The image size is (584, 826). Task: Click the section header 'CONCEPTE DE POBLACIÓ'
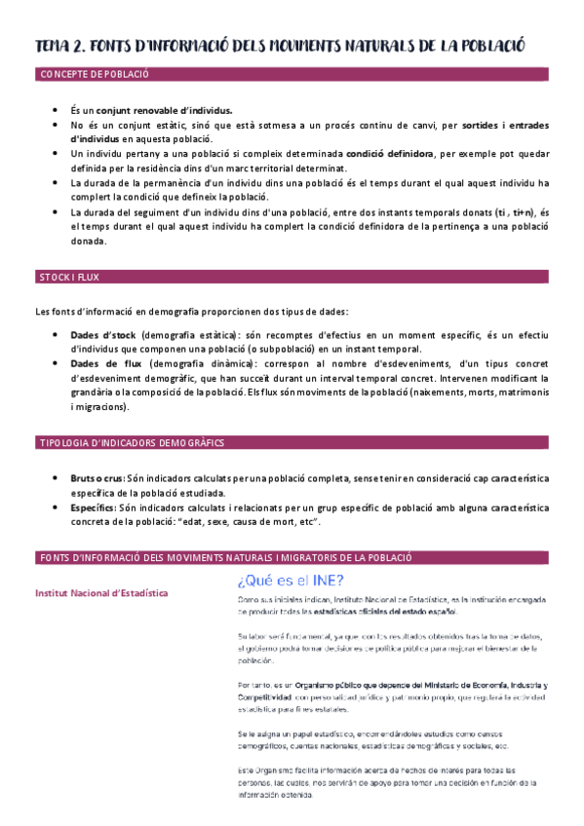coord(94,74)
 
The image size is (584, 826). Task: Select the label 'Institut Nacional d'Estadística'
coord(100,592)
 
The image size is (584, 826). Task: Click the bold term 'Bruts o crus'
coord(97,479)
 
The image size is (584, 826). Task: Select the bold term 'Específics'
coord(93,507)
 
